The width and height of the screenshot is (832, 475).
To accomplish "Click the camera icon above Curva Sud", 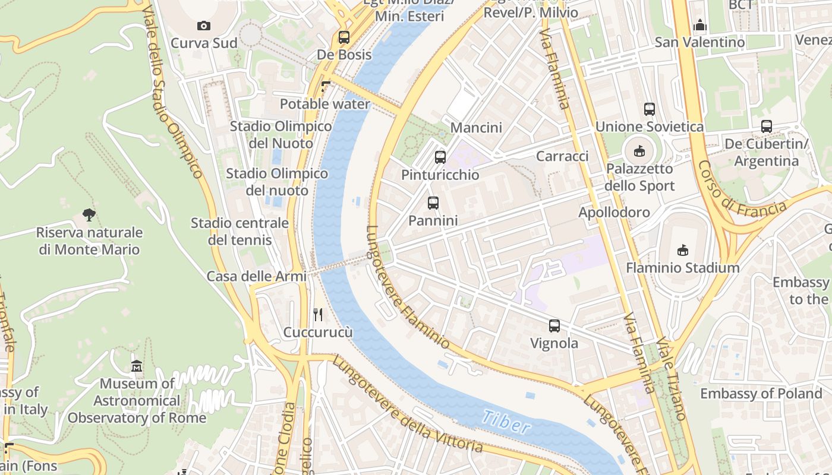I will pyautogui.click(x=204, y=26).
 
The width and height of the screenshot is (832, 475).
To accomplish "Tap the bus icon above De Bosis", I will pyautogui.click(x=343, y=37).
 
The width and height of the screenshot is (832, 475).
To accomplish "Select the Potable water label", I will pyautogui.click(x=324, y=104).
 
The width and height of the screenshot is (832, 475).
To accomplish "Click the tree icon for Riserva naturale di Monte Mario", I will pyautogui.click(x=89, y=215).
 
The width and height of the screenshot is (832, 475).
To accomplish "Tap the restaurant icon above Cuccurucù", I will pyautogui.click(x=318, y=315).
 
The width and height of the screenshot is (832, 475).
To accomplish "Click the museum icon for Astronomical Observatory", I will pyautogui.click(x=137, y=366).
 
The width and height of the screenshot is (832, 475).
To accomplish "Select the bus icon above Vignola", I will pyautogui.click(x=554, y=326).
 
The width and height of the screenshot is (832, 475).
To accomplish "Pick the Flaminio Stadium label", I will pyautogui.click(x=682, y=268).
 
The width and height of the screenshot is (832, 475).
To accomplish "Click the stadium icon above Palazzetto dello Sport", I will pyautogui.click(x=639, y=151).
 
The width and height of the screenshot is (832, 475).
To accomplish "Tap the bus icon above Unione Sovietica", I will pyautogui.click(x=649, y=109).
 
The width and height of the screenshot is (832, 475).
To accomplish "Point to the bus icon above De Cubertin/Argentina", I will pyautogui.click(x=766, y=126).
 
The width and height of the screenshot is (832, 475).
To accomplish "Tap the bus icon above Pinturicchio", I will pyautogui.click(x=440, y=157).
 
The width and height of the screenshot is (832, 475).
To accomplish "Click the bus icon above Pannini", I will pyautogui.click(x=433, y=203).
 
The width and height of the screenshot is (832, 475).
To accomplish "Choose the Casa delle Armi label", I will pyautogui.click(x=256, y=276).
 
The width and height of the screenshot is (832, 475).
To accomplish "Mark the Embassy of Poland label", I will pyautogui.click(x=761, y=394).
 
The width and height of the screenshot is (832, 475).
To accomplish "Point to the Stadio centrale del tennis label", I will pyautogui.click(x=239, y=232).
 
